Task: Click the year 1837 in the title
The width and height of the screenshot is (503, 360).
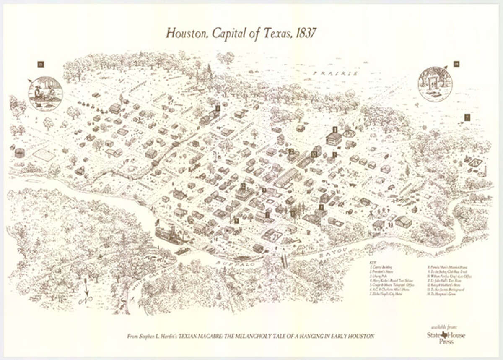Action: (300, 33)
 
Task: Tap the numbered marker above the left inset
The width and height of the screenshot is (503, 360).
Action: (41, 64)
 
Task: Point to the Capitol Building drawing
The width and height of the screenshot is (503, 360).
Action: (334, 139)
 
